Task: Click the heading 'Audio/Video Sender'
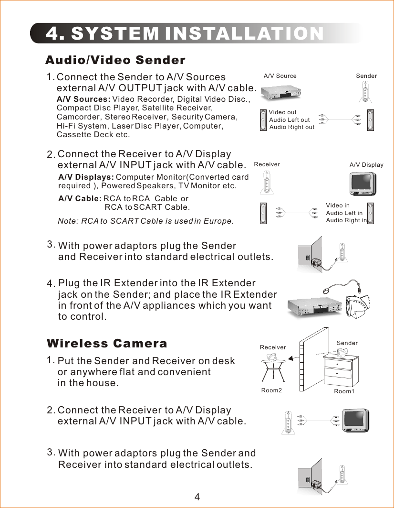coord(115,60)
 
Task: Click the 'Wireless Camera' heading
coord(107,344)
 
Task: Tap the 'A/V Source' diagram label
coord(280,76)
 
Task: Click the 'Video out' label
coord(282,112)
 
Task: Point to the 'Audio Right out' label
coord(292,127)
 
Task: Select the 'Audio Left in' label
coord(344,213)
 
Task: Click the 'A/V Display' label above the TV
coord(366,165)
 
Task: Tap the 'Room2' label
coord(272,390)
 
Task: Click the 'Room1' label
coord(344,391)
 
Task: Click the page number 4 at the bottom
coord(197,497)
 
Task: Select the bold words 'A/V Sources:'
coord(83,99)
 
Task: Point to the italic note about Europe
coord(145,221)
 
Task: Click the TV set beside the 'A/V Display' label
coord(366,184)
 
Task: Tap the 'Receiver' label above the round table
coord(273,347)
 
